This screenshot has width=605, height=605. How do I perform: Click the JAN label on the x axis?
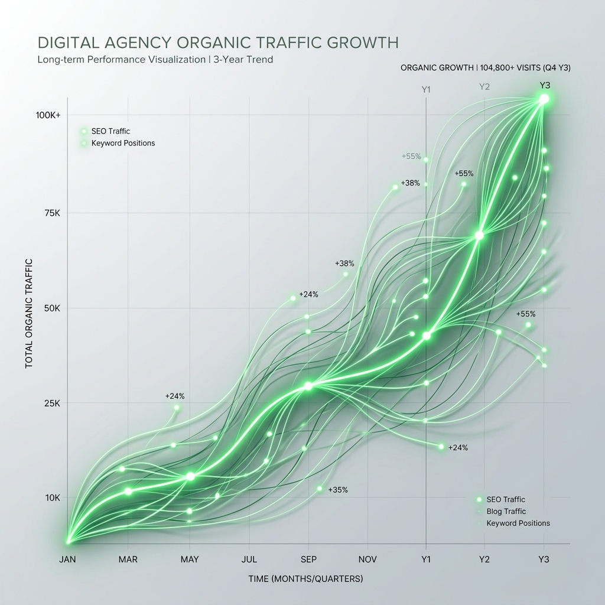click(68, 560)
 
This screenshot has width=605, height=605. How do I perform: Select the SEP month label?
click(308, 560)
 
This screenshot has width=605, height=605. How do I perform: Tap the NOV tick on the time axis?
click(367, 560)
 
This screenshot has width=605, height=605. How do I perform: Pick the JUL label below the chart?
click(249, 560)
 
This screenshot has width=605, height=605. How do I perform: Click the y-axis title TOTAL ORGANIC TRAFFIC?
click(29, 313)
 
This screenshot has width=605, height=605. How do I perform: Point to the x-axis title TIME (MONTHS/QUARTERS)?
click(305, 579)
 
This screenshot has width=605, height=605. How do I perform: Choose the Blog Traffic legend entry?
click(506, 512)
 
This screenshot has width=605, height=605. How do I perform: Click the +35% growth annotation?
click(337, 490)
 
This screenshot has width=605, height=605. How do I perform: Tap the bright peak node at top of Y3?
click(544, 99)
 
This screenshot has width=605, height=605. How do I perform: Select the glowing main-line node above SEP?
click(308, 386)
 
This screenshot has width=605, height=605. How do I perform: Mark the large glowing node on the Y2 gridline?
click(479, 235)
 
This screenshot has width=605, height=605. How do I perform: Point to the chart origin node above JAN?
click(69, 541)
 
